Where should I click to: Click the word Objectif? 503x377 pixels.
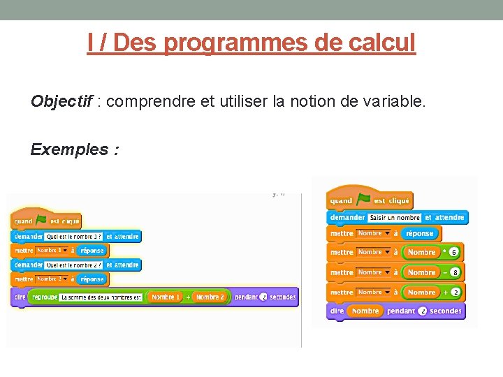pyautogui.click(x=61, y=102)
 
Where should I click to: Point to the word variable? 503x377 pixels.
pyautogui.click(x=393, y=102)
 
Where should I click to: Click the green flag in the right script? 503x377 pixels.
pyautogui.click(x=363, y=200)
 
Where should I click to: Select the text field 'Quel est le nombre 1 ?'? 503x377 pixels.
pyautogui.click(x=74, y=237)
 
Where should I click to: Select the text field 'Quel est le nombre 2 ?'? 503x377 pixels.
pyautogui.click(x=74, y=265)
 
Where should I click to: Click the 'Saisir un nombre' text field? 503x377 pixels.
pyautogui.click(x=395, y=218)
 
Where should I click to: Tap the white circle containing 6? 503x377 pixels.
pyautogui.click(x=454, y=252)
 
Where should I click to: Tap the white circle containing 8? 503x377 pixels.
pyautogui.click(x=455, y=272)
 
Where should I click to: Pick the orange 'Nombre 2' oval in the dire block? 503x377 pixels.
pyautogui.click(x=210, y=297)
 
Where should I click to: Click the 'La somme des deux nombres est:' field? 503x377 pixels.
pyautogui.click(x=101, y=297)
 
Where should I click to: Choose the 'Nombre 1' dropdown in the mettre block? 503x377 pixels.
pyautogui.click(x=53, y=251)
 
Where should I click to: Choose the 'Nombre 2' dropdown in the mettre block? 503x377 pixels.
pyautogui.click(x=53, y=279)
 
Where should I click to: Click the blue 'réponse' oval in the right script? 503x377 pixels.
pyautogui.click(x=419, y=234)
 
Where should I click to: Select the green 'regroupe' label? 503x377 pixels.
pyautogui.click(x=43, y=297)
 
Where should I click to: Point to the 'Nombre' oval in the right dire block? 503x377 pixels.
pyautogui.click(x=365, y=311)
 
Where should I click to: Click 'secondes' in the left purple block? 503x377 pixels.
pyautogui.click(x=282, y=297)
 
